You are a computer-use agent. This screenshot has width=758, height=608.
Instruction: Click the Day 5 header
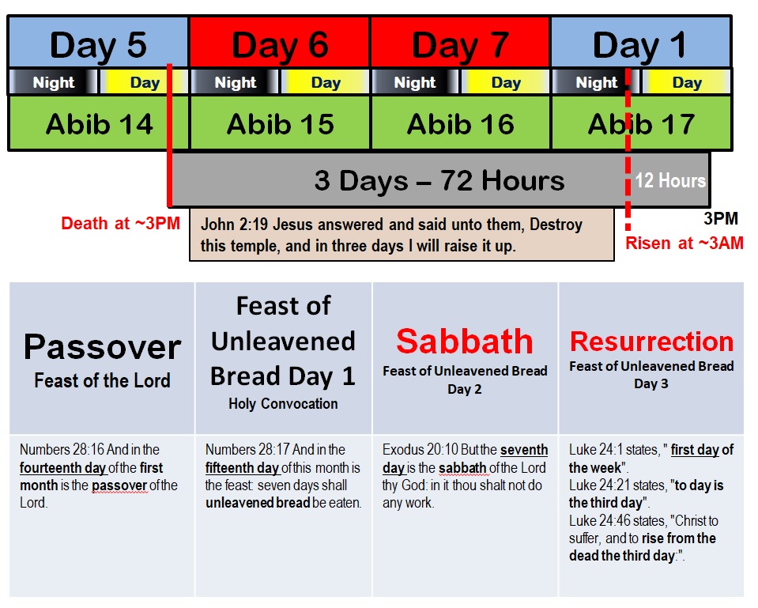click(98, 42)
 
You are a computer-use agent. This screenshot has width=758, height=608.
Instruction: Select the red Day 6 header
click(280, 42)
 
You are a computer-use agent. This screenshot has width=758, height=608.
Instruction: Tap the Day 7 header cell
click(460, 42)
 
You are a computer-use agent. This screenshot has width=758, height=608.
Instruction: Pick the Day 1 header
click(641, 42)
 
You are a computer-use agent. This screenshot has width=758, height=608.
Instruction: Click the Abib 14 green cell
click(99, 123)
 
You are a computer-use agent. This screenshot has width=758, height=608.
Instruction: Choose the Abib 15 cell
click(281, 123)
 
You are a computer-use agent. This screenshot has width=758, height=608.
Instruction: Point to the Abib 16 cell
click(461, 123)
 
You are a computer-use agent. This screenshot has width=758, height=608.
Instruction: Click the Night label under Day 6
click(236, 82)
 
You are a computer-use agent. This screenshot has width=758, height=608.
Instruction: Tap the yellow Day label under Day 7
click(506, 82)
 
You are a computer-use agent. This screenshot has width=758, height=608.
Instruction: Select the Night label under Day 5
click(54, 82)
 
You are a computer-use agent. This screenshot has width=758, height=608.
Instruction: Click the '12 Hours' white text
click(670, 180)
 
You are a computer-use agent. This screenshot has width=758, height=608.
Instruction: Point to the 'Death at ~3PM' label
click(120, 223)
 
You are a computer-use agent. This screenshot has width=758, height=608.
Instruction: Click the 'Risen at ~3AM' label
click(684, 243)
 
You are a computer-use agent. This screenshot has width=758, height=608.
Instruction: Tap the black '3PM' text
click(721, 218)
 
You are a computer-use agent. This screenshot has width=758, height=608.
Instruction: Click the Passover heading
click(103, 347)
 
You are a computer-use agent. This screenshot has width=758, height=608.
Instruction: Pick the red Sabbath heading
click(465, 341)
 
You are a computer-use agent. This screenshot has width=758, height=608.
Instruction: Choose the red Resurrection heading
click(651, 341)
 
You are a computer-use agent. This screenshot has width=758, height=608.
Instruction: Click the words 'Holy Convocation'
click(283, 403)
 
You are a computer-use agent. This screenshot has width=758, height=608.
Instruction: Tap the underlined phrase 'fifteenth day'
click(242, 468)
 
